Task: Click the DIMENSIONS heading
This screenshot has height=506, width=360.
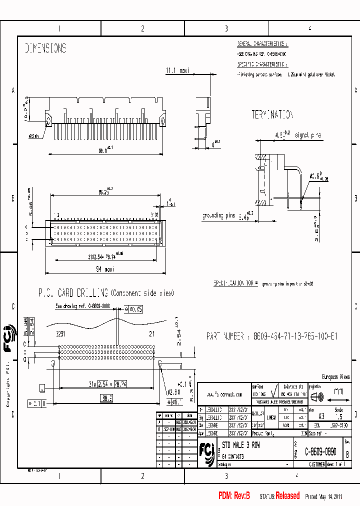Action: click(45, 48)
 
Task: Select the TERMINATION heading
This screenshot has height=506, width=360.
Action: click(272, 115)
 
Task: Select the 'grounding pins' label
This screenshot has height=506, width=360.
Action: click(218, 216)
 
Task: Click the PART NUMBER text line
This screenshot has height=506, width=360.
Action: click(271, 336)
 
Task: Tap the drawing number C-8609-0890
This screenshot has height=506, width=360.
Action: click(320, 450)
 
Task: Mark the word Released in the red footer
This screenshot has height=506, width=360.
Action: click(287, 496)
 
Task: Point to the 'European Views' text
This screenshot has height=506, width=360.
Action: click(335, 377)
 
